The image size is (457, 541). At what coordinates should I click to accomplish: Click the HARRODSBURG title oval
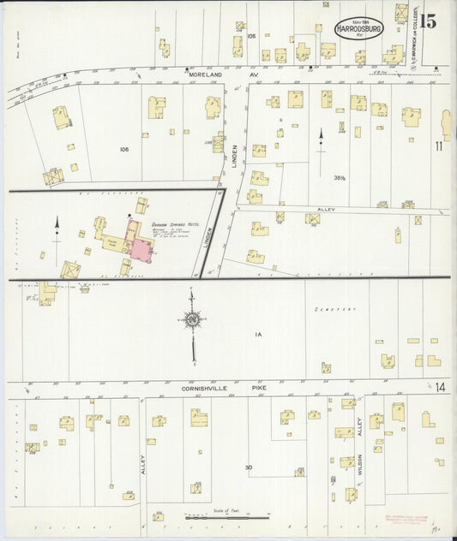(x=360, y=27)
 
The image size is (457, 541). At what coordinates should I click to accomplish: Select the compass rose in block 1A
(x=193, y=320)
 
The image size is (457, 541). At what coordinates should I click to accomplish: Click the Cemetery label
(x=328, y=309)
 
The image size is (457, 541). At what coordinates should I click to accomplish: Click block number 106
(x=124, y=149)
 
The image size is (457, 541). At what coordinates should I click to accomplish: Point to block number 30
(x=248, y=467)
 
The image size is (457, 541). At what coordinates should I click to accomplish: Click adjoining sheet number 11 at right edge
(x=438, y=146)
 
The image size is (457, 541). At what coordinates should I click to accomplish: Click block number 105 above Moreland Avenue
(x=251, y=37)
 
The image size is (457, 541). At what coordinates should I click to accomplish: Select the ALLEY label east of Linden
(x=326, y=209)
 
